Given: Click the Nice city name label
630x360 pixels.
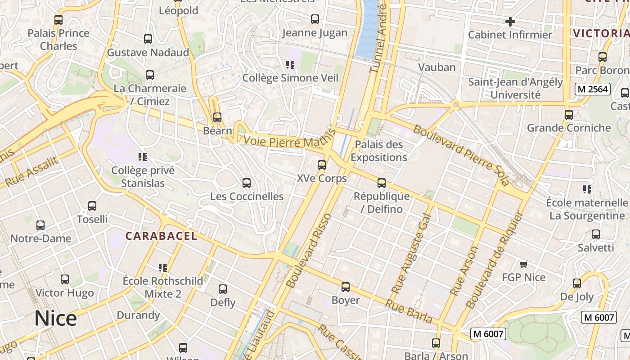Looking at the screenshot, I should pyautogui.click(x=56, y=319).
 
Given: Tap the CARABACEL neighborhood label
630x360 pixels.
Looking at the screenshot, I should pyautogui.click(x=161, y=236).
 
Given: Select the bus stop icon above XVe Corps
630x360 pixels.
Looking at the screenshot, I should pyautogui.click(x=322, y=165).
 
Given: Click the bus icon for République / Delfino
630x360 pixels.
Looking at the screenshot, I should pyautogui.click(x=382, y=183).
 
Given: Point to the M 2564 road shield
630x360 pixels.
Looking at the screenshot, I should pyautogui.click(x=593, y=89).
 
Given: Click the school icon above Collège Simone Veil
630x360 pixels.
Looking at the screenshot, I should pyautogui.click(x=290, y=65).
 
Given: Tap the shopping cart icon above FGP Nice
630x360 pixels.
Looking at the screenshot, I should pyautogui.click(x=523, y=264).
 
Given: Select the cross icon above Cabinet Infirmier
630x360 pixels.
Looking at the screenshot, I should pyautogui.click(x=510, y=21).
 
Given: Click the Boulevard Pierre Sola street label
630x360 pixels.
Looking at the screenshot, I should pyautogui.click(x=461, y=155).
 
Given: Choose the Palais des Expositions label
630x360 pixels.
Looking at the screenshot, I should pyautogui.click(x=379, y=151).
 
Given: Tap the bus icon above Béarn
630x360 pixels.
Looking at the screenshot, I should pyautogui.click(x=217, y=117).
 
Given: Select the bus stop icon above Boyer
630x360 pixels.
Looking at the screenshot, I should pyautogui.click(x=346, y=287).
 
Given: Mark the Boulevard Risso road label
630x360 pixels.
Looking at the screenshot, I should pyautogui.click(x=309, y=250).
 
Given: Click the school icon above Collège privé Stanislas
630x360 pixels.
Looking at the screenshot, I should pyautogui.click(x=143, y=157).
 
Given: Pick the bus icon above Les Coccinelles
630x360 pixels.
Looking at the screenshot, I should pyautogui.click(x=247, y=183).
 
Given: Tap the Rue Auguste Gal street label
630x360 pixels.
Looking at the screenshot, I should pyautogui.click(x=411, y=253).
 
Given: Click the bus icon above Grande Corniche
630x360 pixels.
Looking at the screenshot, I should pyautogui.click(x=569, y=115).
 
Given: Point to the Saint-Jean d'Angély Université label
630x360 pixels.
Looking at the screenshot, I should pyautogui.click(x=515, y=89).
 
